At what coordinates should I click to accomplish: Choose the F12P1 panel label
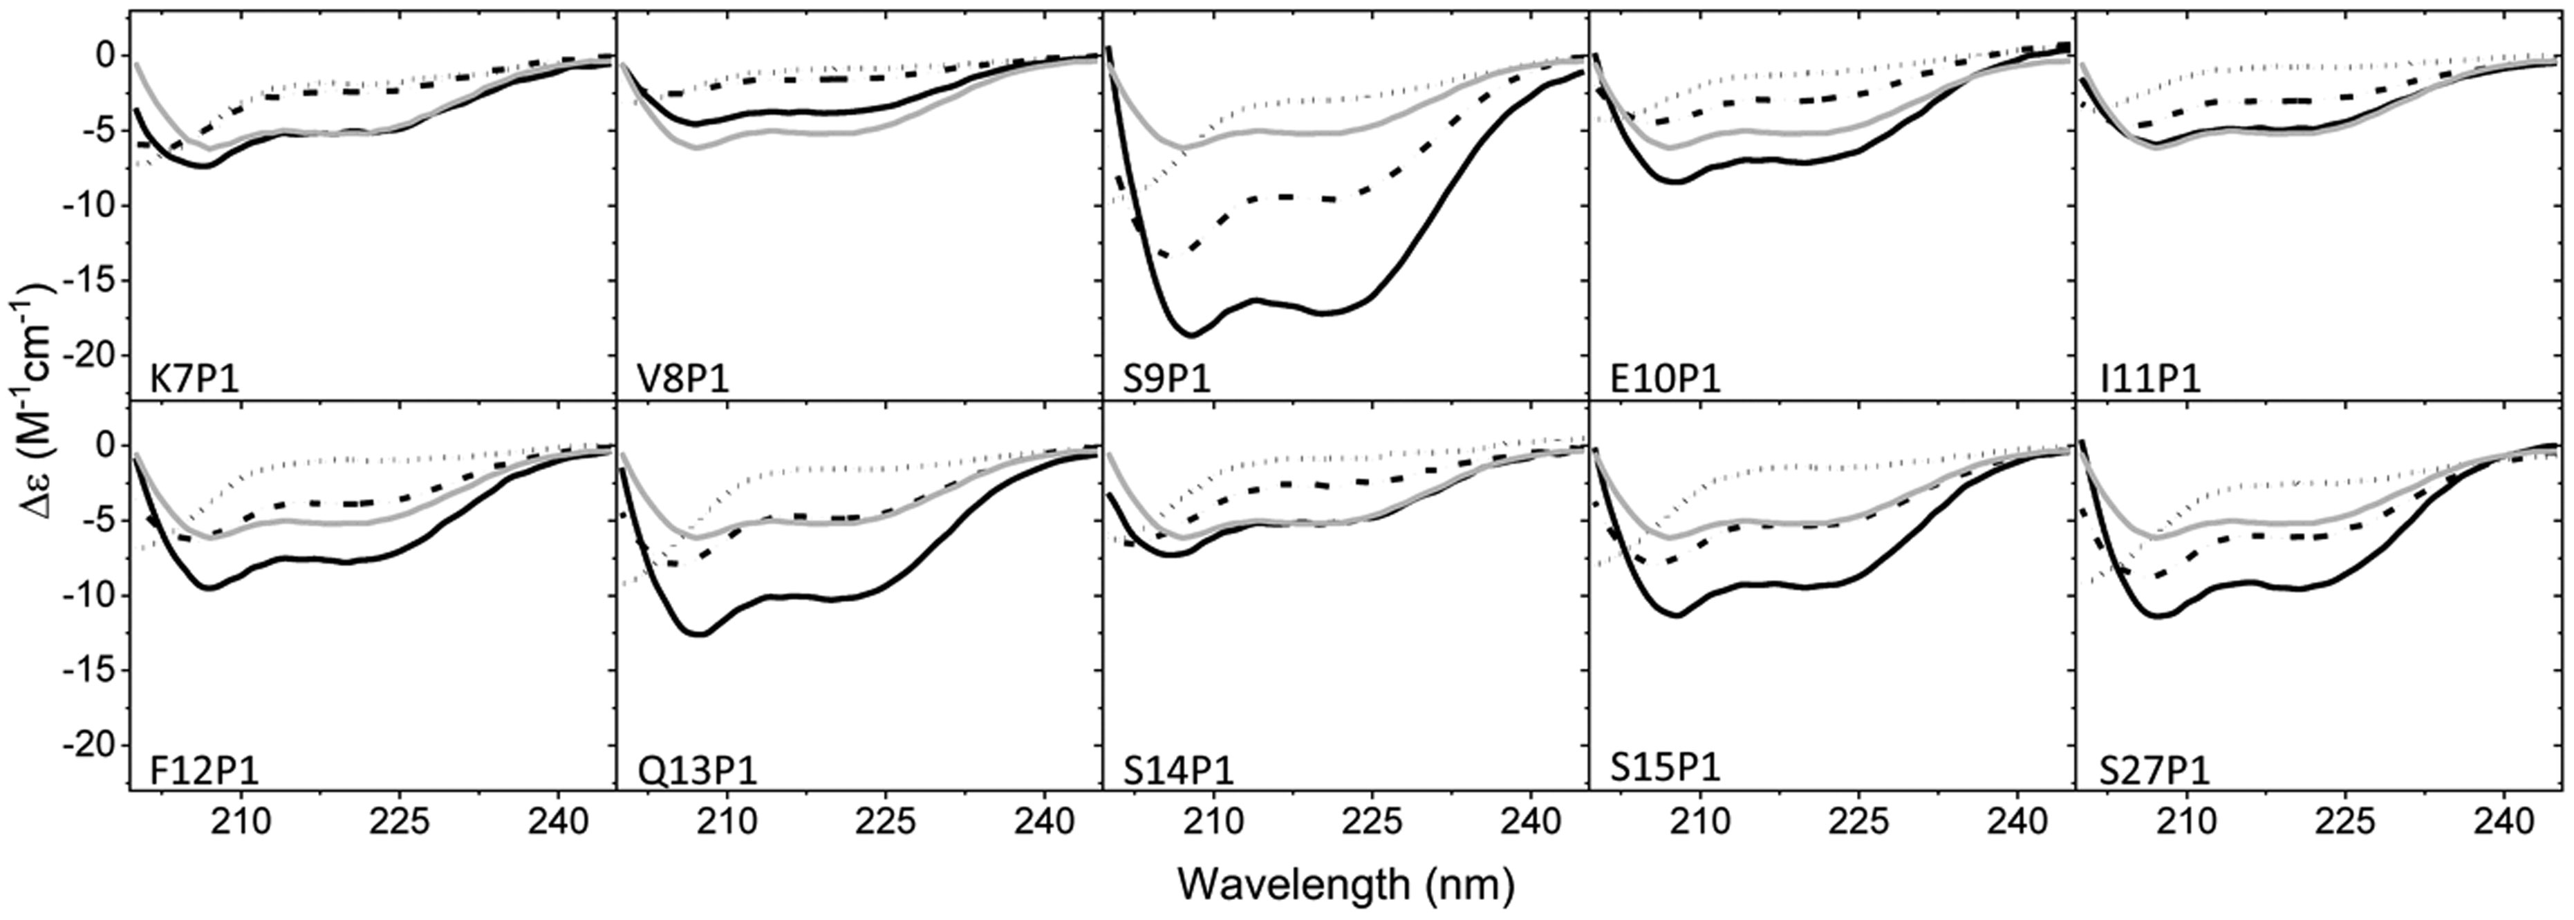[x=204, y=771]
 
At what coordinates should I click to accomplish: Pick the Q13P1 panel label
[x=698, y=771]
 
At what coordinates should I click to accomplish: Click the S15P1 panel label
[x=1666, y=767]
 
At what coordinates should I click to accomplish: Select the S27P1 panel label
[x=2154, y=771]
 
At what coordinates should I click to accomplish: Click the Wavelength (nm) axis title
[x=1345, y=883]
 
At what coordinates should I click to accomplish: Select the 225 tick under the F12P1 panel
[x=399, y=822]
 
